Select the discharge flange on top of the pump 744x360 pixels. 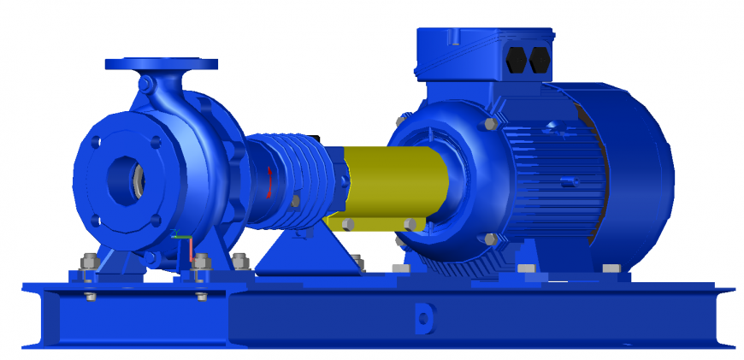pos(161,64)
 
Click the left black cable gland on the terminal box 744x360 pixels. pos(517,60)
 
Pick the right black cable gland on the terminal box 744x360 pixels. pos(540,60)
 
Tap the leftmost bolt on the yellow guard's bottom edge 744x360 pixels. pos(348,224)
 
